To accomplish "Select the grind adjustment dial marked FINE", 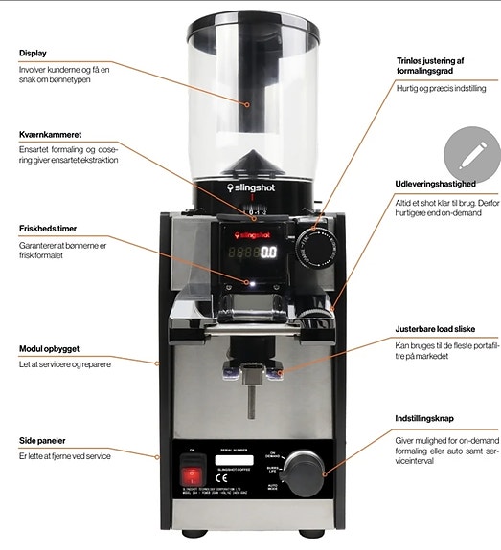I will coord(317,243).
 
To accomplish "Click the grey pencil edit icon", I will coord(472,154).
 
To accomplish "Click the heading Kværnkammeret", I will coord(47,134).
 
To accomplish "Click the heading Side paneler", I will coord(40,440).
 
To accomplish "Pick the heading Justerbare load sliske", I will coord(440,327).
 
